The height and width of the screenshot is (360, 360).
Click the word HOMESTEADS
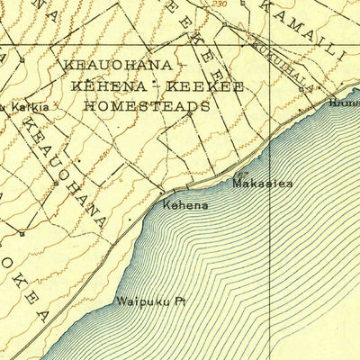(x=147, y=104)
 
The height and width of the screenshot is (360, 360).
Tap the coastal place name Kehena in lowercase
(x=185, y=205)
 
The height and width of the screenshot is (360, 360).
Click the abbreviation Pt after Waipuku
(x=166, y=302)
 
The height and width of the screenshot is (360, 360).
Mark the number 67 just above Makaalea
(x=241, y=173)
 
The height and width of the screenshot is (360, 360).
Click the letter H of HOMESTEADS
(x=88, y=104)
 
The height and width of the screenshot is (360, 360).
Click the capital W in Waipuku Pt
(x=120, y=302)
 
